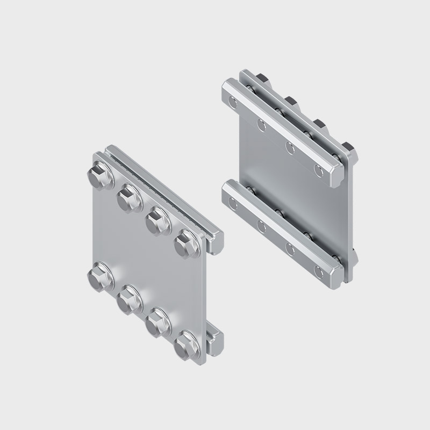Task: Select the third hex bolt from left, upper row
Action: (157, 217)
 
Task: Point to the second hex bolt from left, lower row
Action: (129, 297)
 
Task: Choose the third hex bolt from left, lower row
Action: (157, 319)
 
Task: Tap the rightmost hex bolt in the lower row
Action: (185, 342)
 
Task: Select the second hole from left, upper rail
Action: (261, 125)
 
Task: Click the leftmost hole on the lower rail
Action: (232, 203)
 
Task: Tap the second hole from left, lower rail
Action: (261, 226)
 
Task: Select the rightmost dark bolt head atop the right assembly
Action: (347, 148)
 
